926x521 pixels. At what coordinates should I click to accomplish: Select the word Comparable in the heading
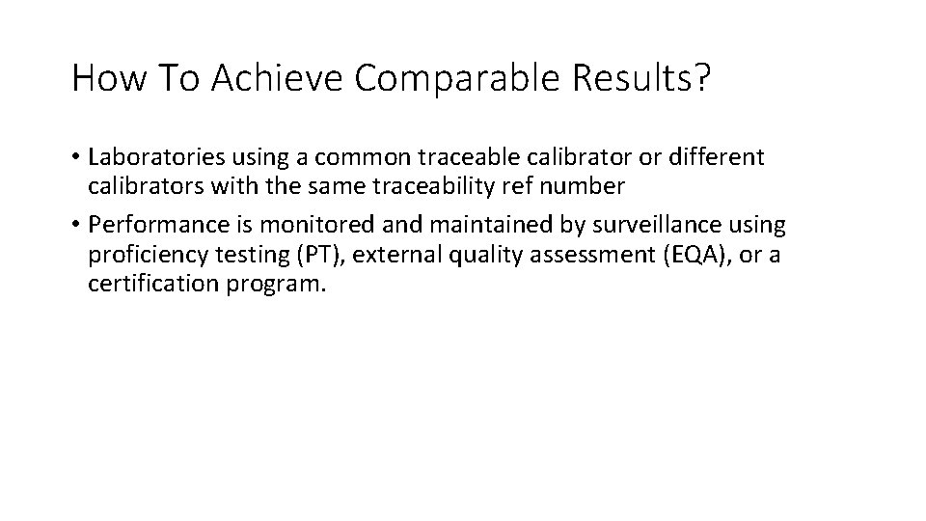(x=457, y=79)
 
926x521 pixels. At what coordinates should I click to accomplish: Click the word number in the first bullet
(x=587, y=185)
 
